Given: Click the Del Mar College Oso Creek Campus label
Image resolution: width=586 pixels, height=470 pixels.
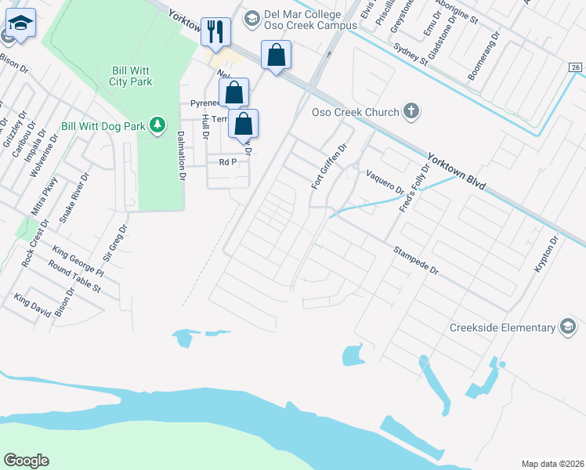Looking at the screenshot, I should (302, 21).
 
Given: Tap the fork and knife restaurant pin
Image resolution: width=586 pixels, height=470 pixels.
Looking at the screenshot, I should (215, 32).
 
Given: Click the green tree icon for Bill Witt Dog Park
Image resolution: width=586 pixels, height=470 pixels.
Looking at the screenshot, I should (157, 125).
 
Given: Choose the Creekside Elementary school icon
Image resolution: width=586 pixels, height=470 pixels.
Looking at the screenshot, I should (568, 328).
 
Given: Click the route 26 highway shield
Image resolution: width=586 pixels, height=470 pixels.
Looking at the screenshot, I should (576, 69).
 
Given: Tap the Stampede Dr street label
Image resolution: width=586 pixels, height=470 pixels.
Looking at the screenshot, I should (416, 262).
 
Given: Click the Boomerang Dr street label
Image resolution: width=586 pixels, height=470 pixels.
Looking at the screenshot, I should (483, 56).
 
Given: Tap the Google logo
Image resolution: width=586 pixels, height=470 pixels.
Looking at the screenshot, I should (26, 461).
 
